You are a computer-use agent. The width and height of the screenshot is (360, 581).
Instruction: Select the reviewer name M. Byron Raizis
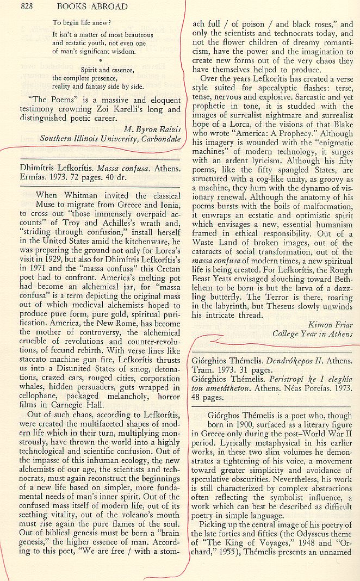(x=148, y=129)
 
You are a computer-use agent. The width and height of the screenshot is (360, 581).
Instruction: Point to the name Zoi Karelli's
(x=122, y=109)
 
